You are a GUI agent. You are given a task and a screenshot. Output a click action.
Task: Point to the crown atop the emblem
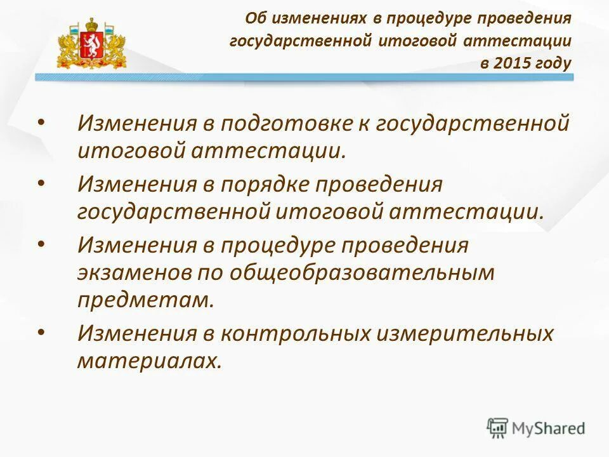(x=92, y=25)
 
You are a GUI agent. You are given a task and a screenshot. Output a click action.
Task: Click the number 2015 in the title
(x=508, y=63)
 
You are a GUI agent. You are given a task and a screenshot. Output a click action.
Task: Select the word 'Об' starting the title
(x=254, y=18)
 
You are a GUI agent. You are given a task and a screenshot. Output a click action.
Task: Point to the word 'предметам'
(x=145, y=300)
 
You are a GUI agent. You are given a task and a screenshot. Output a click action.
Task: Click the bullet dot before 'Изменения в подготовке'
(x=41, y=122)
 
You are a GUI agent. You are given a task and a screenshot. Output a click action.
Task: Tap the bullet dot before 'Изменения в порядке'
(x=41, y=183)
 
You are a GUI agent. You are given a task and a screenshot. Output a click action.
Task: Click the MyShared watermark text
(x=549, y=428)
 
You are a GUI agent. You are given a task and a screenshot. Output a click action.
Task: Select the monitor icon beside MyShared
(x=498, y=427)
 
